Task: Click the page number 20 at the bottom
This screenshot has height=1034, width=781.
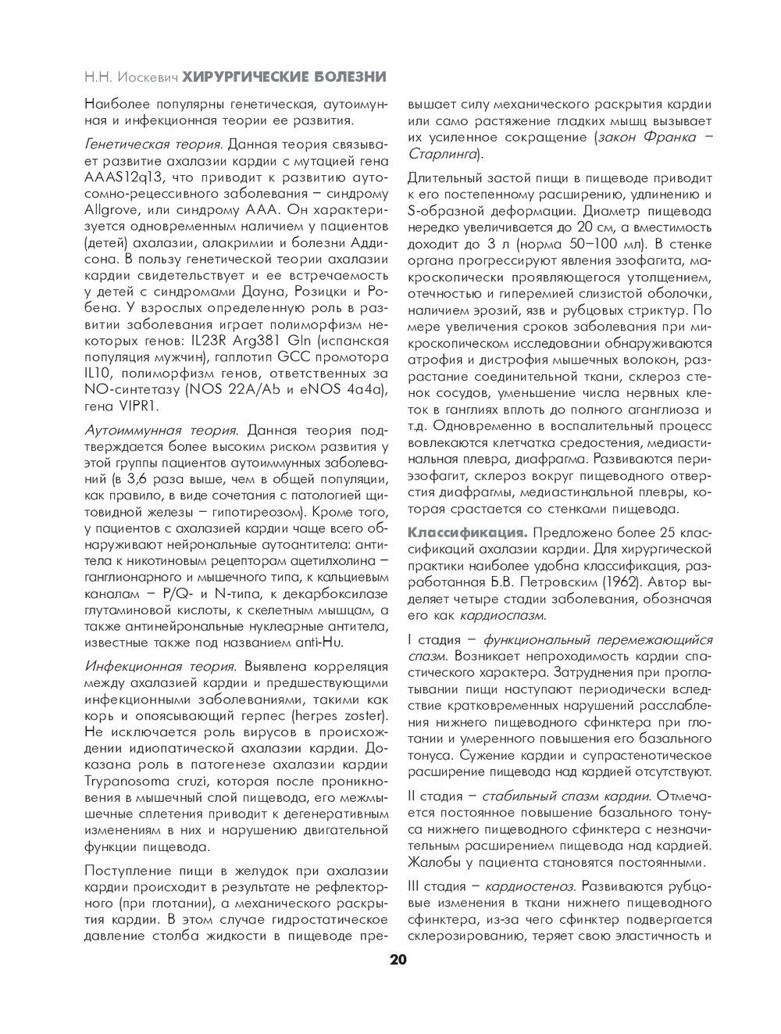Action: coord(398,960)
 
